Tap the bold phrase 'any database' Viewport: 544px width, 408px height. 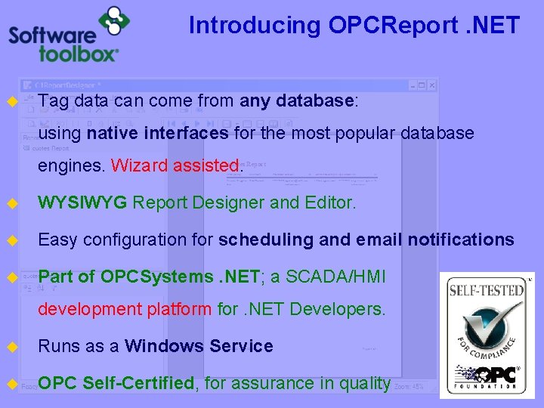297,101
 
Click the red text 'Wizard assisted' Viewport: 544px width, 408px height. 175,165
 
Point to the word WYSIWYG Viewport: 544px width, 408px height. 83,202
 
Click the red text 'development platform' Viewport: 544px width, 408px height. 125,309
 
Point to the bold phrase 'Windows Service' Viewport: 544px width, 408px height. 199,346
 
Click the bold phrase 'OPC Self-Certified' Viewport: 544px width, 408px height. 116,383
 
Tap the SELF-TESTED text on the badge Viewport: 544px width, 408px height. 487,289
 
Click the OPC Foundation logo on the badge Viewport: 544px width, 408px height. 487,376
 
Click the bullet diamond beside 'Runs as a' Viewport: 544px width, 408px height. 12,347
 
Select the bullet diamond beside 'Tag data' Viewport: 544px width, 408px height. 12,101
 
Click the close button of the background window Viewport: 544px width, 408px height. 431,85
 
